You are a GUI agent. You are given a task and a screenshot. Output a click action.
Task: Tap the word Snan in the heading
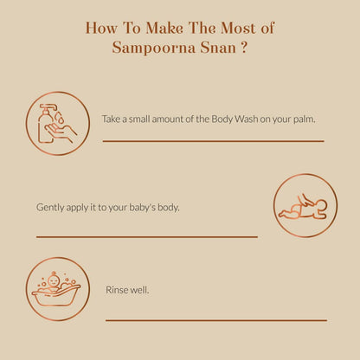click(215, 48)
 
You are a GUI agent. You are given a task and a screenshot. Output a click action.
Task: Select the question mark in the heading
click(246, 48)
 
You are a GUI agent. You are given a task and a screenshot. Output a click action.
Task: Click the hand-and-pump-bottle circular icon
click(58, 124)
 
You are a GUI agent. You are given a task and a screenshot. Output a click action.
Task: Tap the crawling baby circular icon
click(305, 206)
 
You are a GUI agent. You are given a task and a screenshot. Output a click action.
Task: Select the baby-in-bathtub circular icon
click(57, 288)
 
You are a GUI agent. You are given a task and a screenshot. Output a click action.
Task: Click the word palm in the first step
click(302, 119)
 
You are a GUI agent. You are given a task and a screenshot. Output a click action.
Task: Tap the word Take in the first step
click(112, 119)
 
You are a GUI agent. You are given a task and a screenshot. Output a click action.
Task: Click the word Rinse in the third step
click(116, 290)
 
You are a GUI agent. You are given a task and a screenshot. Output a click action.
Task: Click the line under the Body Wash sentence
click(213, 140)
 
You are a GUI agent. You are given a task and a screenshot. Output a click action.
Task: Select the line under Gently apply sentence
click(146, 235)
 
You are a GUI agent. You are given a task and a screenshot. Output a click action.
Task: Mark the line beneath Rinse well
click(215, 319)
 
